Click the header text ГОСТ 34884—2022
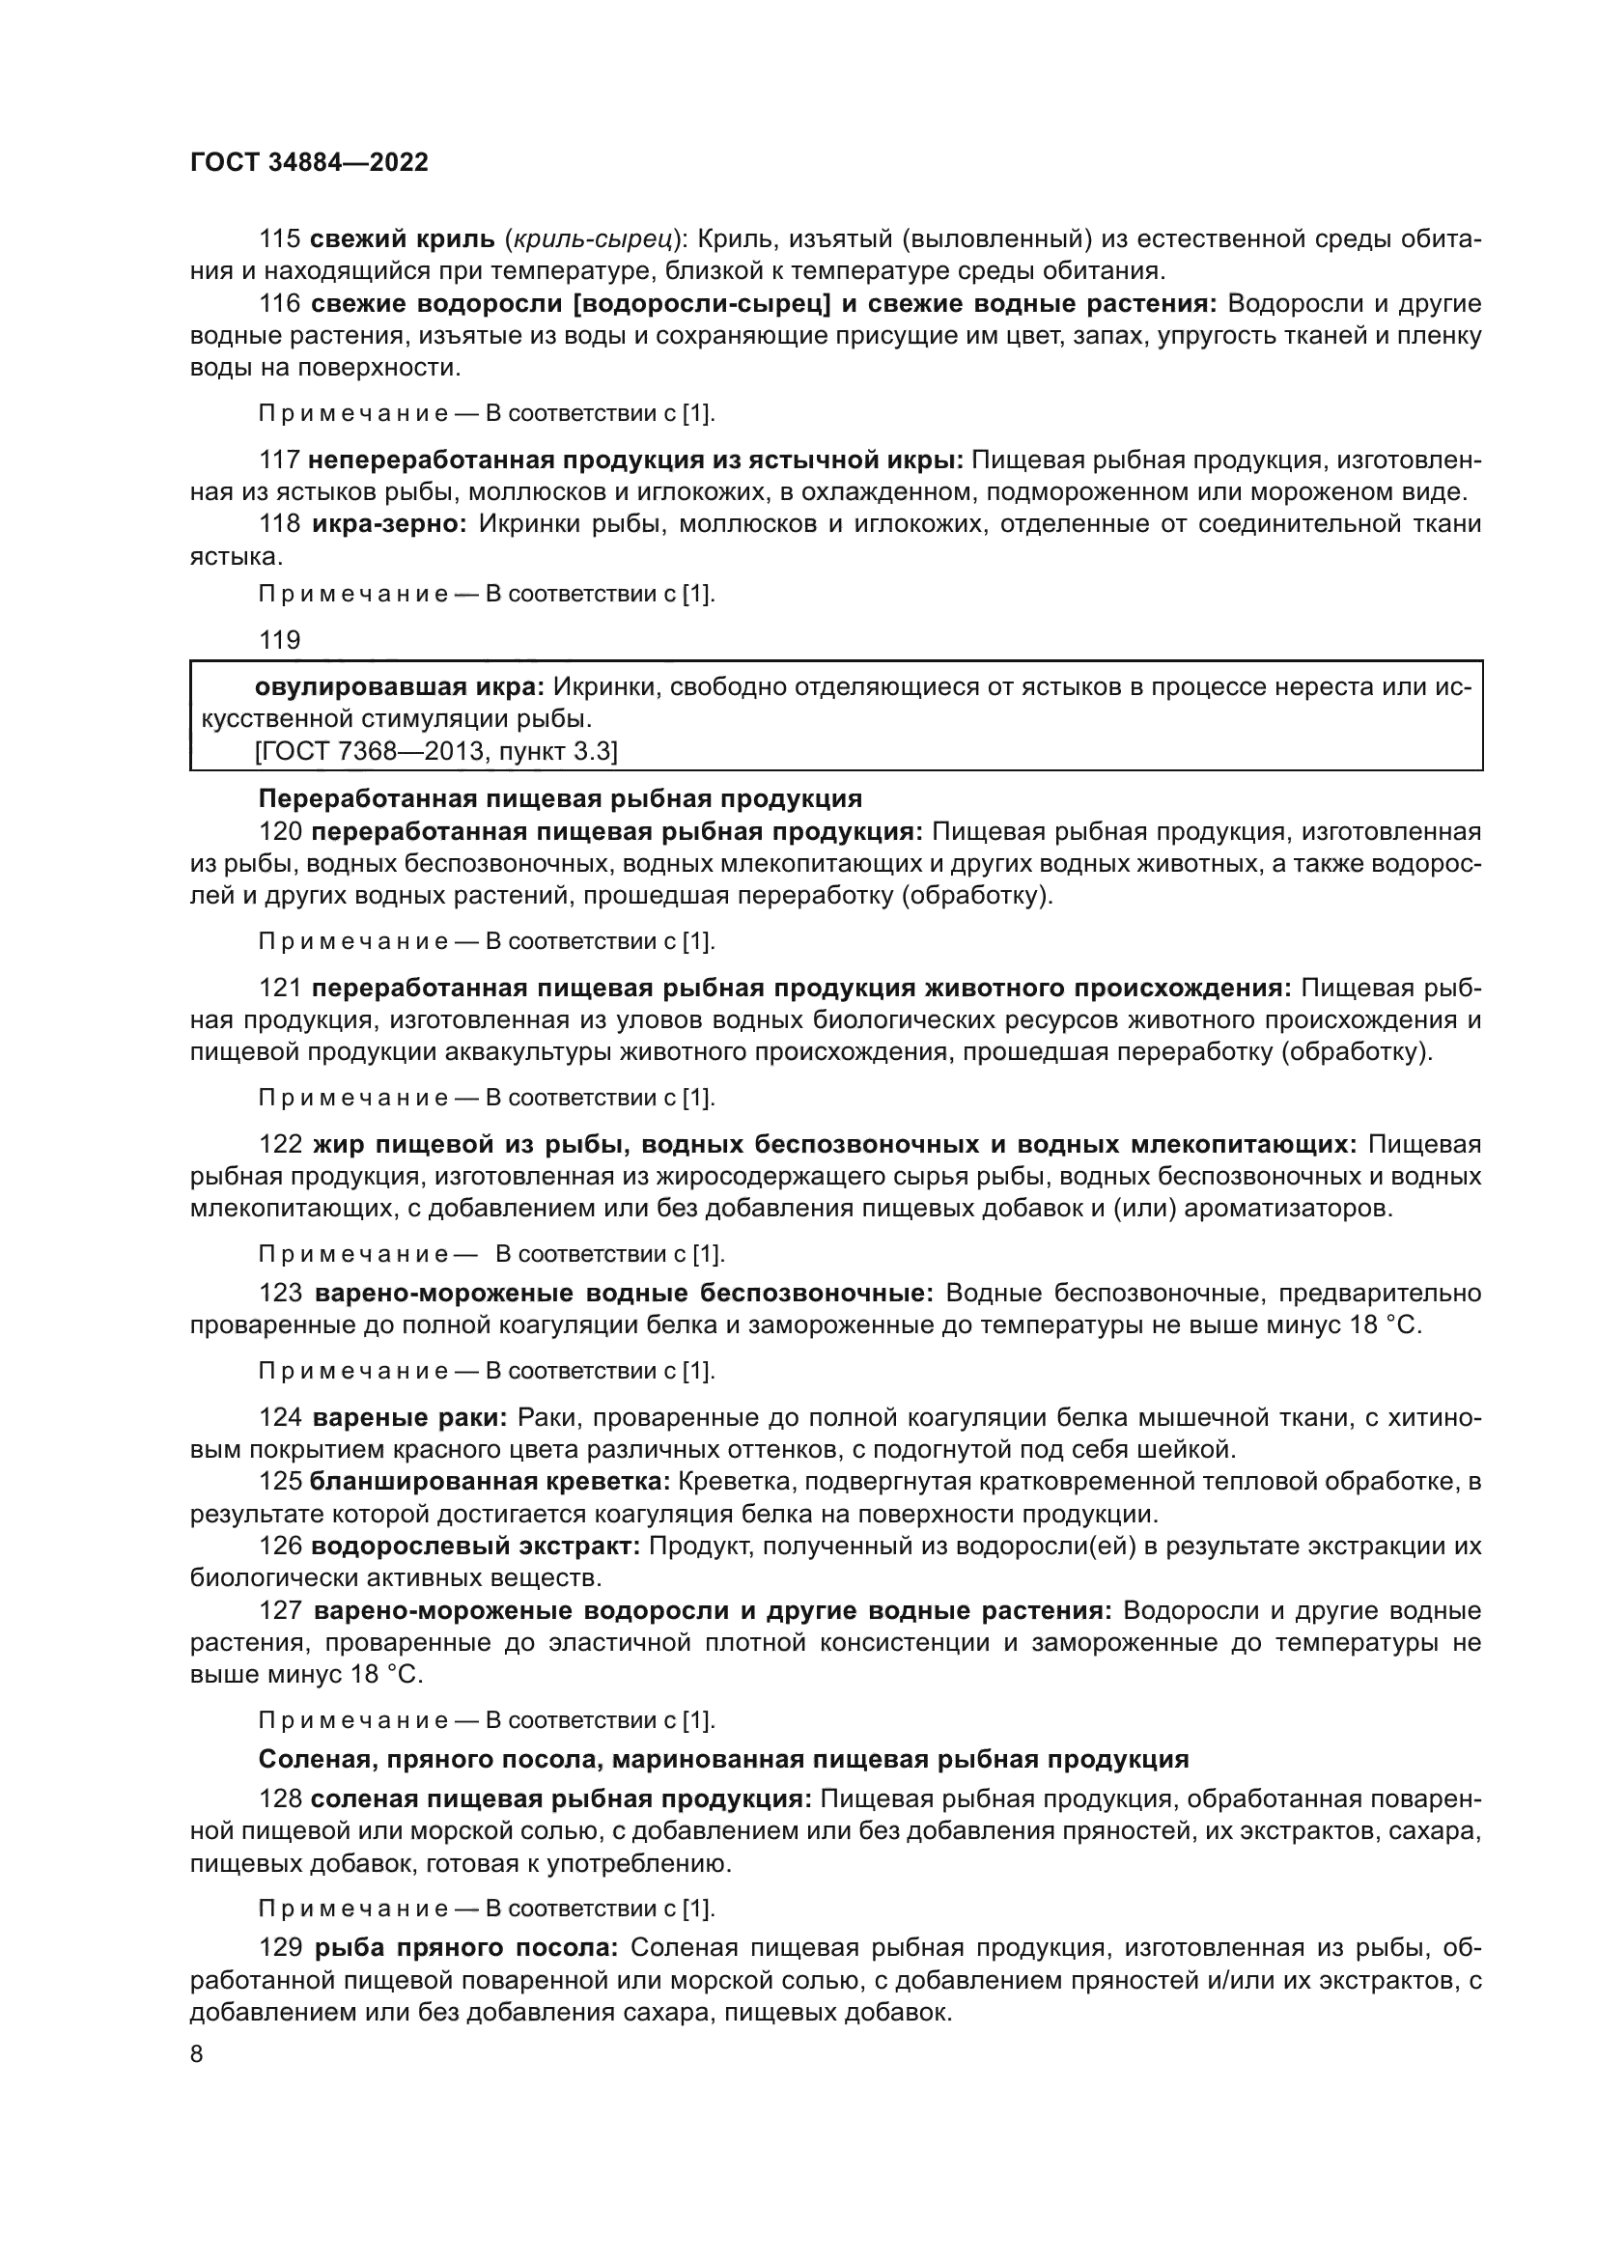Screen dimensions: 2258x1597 click(x=309, y=163)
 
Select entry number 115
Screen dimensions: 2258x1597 click(x=279, y=239)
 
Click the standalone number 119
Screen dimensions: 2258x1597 click(x=279, y=640)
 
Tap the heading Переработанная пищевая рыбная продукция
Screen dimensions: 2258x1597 click(x=560, y=797)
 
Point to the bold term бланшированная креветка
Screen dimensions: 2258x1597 click(x=490, y=1481)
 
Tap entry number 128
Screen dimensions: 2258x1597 click(x=279, y=1798)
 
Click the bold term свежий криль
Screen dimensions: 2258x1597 click(x=403, y=239)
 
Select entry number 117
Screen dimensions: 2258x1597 click(x=279, y=460)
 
